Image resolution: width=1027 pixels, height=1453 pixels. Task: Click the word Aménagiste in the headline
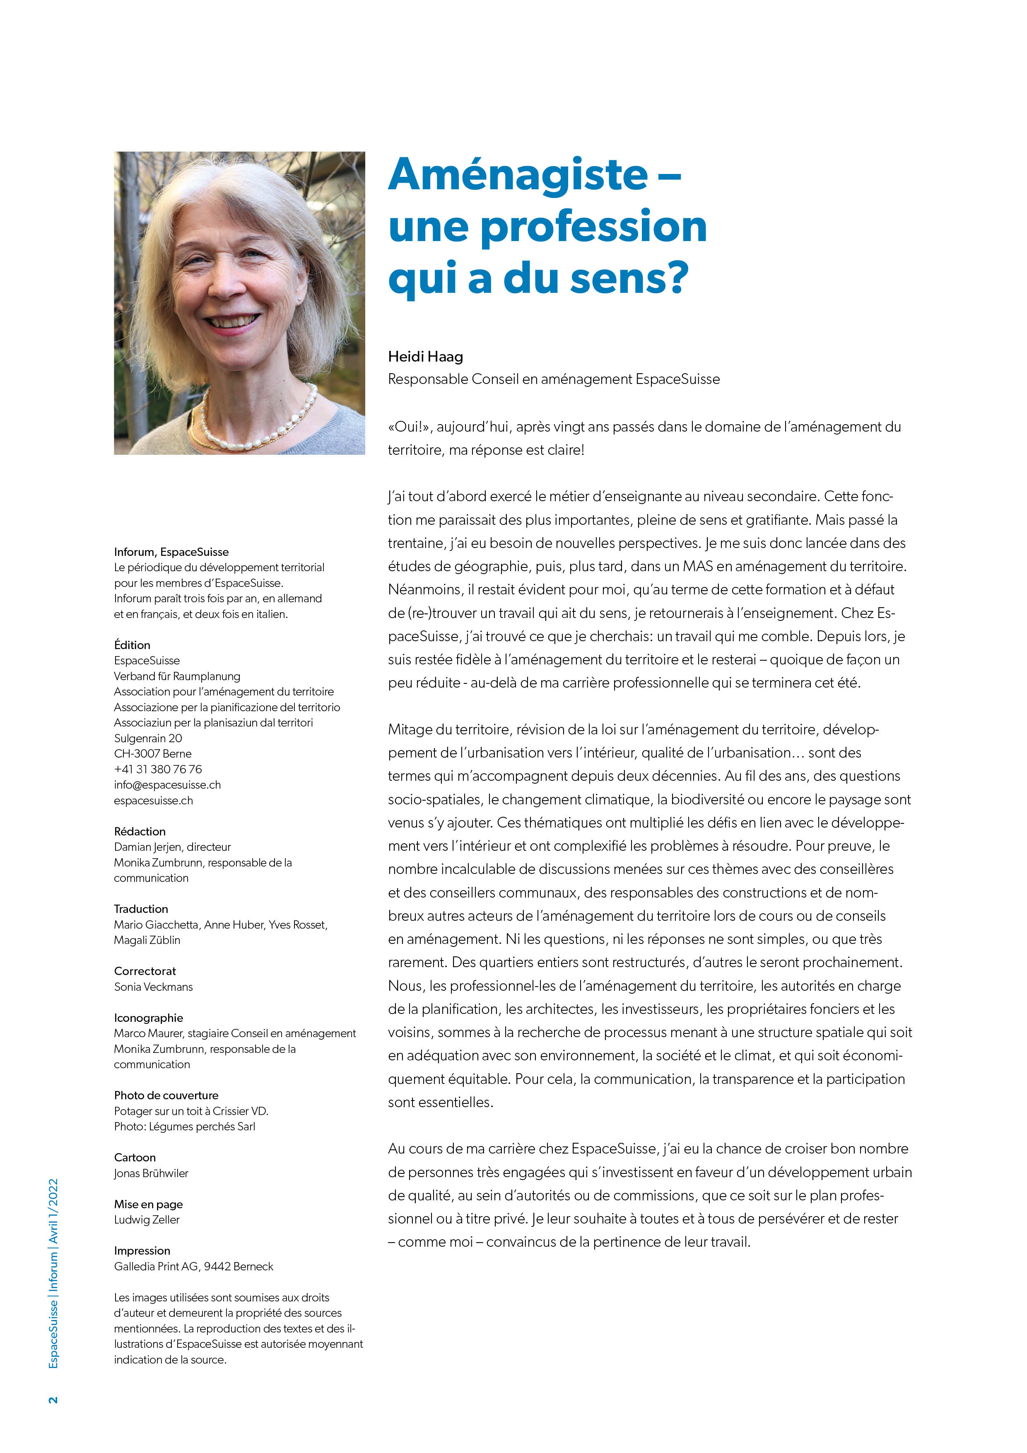pos(518,175)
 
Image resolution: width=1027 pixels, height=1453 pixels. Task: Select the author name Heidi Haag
pos(425,357)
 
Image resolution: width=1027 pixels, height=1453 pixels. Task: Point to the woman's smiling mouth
pos(234,322)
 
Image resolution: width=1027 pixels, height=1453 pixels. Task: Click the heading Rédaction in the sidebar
pos(140,831)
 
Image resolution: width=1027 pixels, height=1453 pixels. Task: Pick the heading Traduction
pos(140,909)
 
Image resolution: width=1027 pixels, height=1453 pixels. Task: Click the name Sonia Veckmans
pos(153,987)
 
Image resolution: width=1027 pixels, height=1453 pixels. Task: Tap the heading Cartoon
pos(135,1157)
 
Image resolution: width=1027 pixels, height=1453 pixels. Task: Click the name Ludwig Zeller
pos(147,1219)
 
